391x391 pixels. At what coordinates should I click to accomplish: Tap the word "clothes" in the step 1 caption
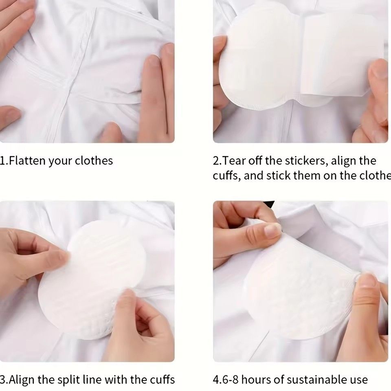[x=94, y=160]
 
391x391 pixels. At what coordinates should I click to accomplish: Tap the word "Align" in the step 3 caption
[x=21, y=380]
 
